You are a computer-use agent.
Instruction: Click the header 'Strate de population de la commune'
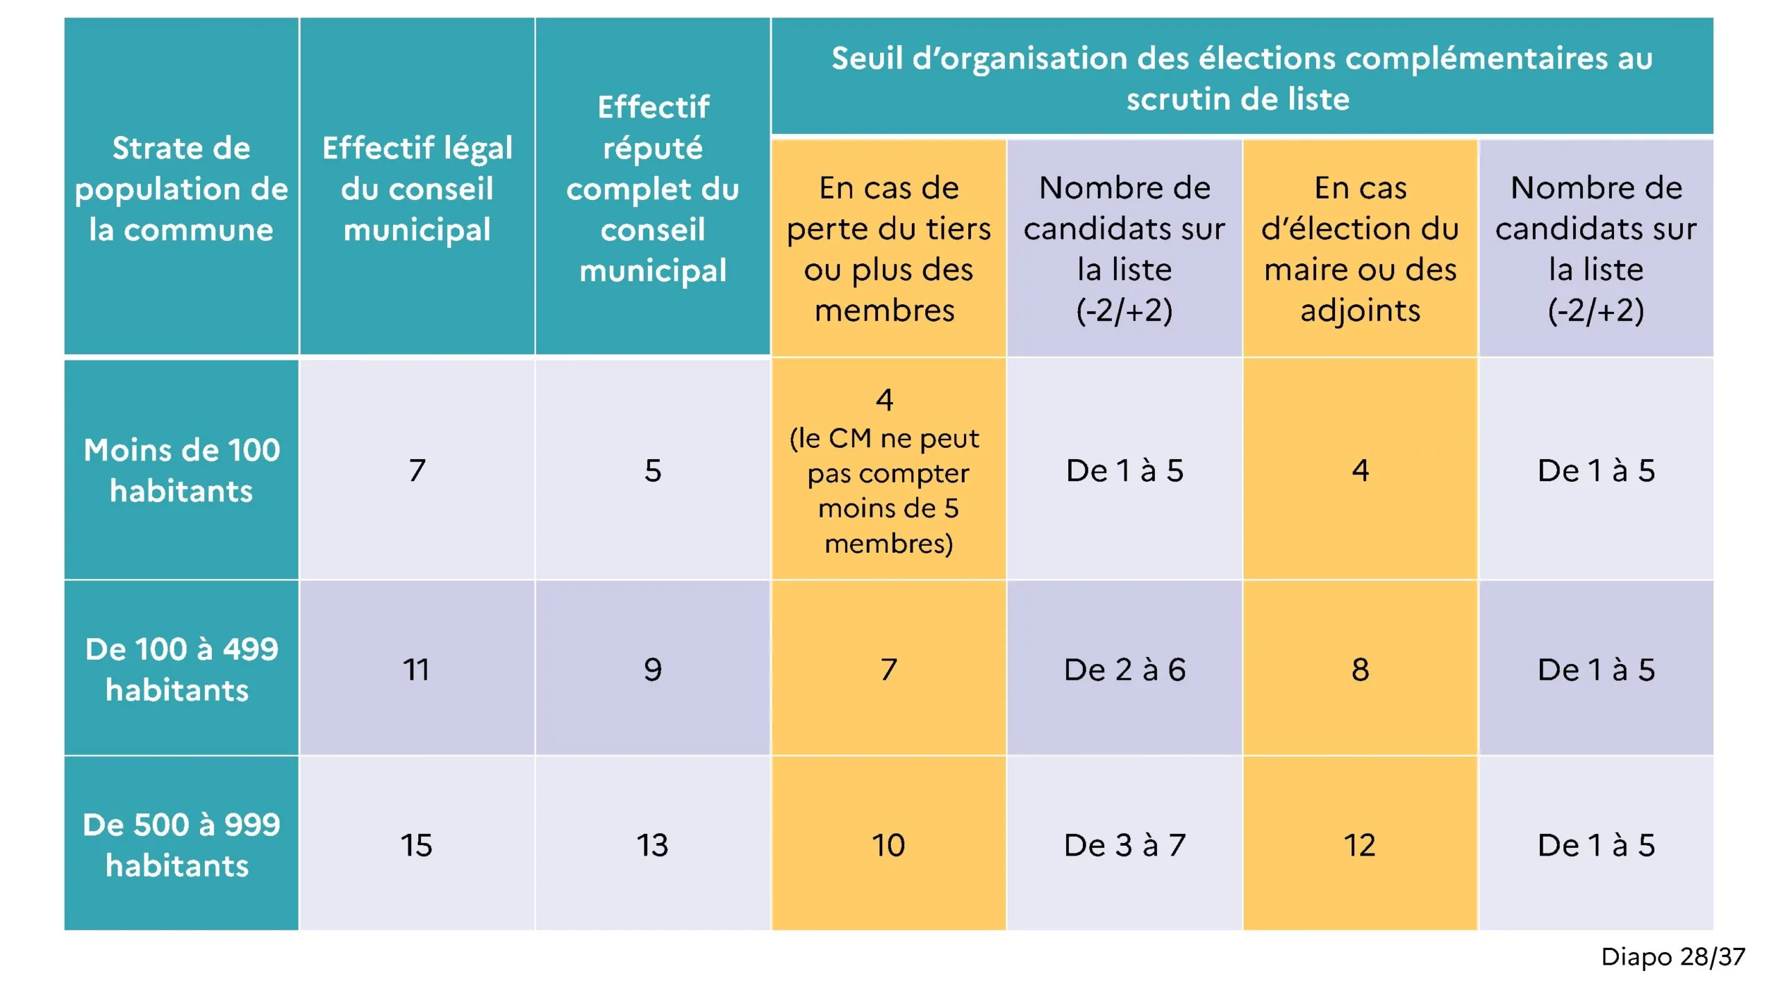[x=181, y=188]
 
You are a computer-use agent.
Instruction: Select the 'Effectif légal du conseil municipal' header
[x=417, y=188]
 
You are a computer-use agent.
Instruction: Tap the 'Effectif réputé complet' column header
[x=653, y=188]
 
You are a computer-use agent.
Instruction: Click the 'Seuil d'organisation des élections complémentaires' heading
[x=1241, y=78]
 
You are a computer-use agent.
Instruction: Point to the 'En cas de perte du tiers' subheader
[x=888, y=249]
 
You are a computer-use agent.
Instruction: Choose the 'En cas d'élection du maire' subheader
[x=1360, y=249]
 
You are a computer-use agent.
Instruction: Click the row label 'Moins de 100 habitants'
[x=181, y=470]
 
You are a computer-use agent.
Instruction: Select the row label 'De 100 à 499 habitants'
[x=181, y=669]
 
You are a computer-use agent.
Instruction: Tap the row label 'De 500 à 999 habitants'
[x=181, y=844]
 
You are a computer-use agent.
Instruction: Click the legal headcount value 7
[x=417, y=470]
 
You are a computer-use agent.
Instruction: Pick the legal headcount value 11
[x=417, y=669]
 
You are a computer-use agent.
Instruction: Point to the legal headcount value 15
[x=417, y=845]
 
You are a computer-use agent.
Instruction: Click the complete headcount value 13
[x=653, y=845]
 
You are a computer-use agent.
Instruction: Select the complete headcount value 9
[x=653, y=669]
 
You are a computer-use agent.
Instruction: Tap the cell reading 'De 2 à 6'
[x=1124, y=669]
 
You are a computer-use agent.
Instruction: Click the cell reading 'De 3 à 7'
[x=1124, y=845]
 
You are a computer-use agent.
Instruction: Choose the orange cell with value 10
[x=888, y=845]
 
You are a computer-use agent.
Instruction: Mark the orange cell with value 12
[x=1360, y=845]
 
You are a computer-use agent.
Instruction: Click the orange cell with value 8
[x=1360, y=669]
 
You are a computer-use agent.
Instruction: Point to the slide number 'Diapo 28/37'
[x=1672, y=957]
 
